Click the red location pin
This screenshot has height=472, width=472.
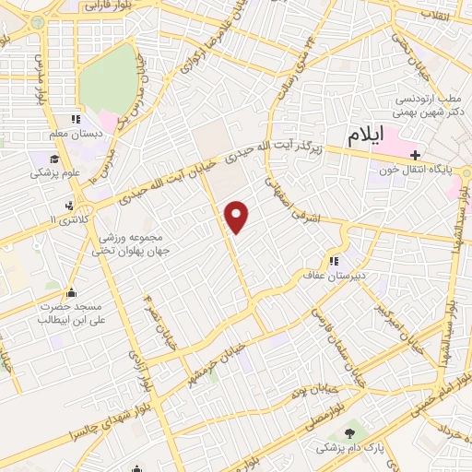point(238,217)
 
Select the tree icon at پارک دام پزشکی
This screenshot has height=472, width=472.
point(349,433)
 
